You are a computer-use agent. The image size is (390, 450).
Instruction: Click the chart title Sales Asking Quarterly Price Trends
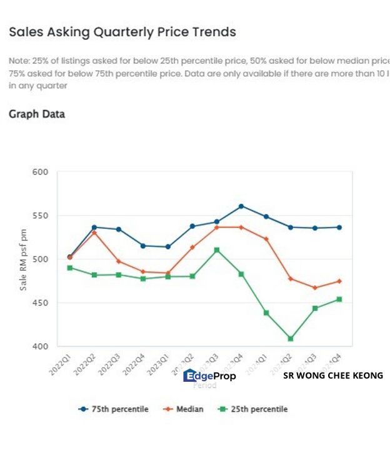tap(122, 32)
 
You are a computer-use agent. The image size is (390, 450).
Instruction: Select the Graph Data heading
tap(37, 114)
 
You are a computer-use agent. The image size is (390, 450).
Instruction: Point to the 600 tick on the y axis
tap(40, 172)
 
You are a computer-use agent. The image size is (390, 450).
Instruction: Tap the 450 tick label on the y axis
tap(40, 303)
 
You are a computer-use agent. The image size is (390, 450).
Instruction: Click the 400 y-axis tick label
tap(40, 346)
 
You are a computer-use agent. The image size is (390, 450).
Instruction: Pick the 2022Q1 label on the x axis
tap(61, 362)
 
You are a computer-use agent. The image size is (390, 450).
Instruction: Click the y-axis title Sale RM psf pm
tap(23, 259)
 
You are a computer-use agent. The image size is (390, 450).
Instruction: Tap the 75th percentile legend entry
tap(114, 409)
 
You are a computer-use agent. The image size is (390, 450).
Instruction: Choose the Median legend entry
tap(184, 409)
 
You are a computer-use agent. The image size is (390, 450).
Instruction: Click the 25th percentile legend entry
tap(253, 409)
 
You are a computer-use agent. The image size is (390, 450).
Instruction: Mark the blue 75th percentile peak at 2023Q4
tap(241, 206)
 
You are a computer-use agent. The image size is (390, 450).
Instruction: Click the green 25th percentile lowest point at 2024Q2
tap(291, 339)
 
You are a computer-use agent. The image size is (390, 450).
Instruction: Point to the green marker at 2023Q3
tap(217, 250)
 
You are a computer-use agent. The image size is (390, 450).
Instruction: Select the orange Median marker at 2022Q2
tap(94, 232)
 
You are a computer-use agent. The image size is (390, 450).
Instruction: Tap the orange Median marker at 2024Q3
tap(315, 287)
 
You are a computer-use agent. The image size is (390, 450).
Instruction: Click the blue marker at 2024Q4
tap(339, 227)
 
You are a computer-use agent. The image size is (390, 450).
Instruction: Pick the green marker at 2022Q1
tap(70, 267)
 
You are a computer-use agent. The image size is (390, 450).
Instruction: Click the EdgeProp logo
tap(209, 376)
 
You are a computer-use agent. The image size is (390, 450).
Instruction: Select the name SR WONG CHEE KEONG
tap(332, 376)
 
